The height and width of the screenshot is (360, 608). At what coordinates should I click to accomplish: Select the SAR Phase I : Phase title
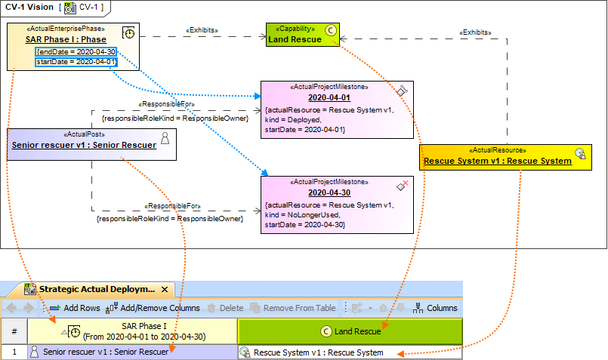(x=66, y=39)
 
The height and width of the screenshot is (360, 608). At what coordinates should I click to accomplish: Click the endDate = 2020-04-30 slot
(x=76, y=51)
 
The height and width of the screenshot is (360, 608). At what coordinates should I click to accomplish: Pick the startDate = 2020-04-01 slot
(x=76, y=61)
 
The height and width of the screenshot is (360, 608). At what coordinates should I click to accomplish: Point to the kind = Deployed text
(x=294, y=119)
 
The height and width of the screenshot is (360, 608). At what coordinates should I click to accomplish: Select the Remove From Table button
(x=295, y=308)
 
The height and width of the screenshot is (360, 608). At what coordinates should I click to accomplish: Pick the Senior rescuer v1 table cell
(x=106, y=352)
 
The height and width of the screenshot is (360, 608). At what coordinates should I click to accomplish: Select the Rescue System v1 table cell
(x=317, y=352)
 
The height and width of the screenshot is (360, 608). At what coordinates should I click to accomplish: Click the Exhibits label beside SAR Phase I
(x=202, y=31)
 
